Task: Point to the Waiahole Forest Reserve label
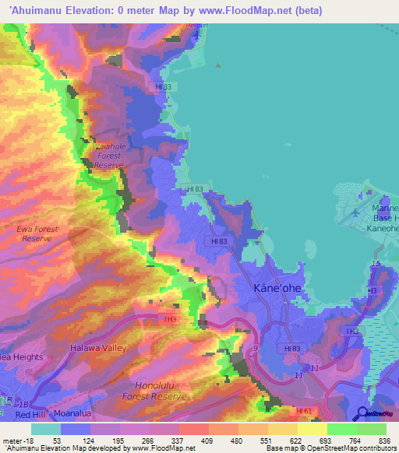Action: (x=109, y=156)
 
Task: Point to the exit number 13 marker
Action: (x=376, y=265)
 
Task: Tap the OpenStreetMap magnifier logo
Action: (x=362, y=415)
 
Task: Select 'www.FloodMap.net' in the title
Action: (x=227, y=10)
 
